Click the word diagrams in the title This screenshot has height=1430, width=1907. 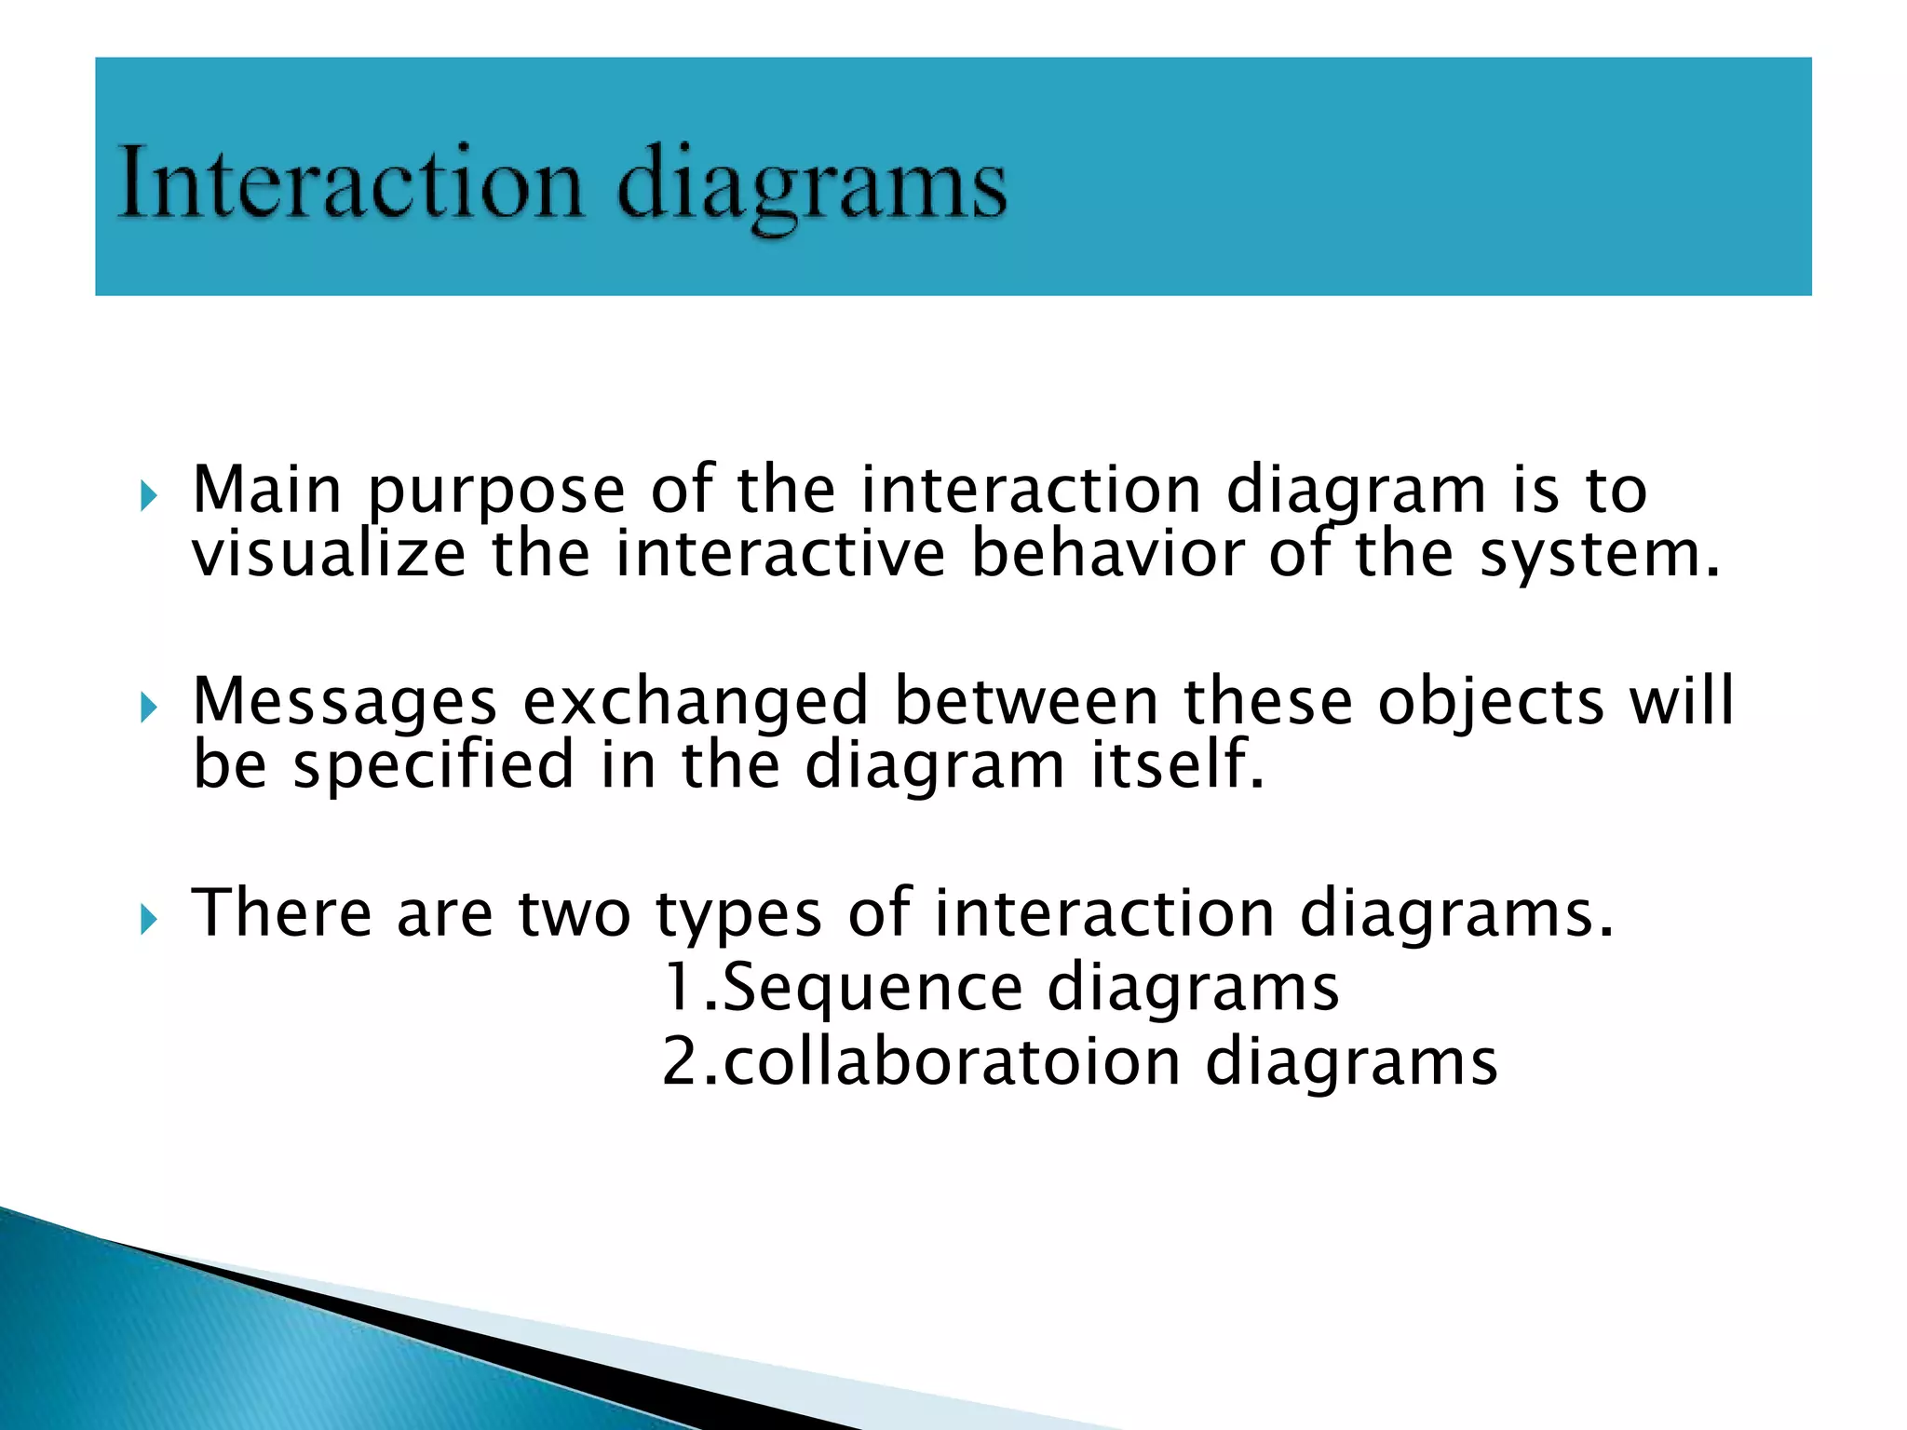pos(811,186)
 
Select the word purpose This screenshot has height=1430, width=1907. pos(496,493)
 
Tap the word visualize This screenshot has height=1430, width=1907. pos(329,555)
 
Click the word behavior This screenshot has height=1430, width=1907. pos(1107,555)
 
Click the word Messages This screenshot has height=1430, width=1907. pos(345,704)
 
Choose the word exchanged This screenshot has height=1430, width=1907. pos(696,702)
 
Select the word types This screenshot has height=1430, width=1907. pos(739,916)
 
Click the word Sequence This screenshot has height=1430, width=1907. pos(872,988)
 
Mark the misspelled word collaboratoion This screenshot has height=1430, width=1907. pos(951,1062)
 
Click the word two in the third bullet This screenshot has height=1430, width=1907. pos(575,914)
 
